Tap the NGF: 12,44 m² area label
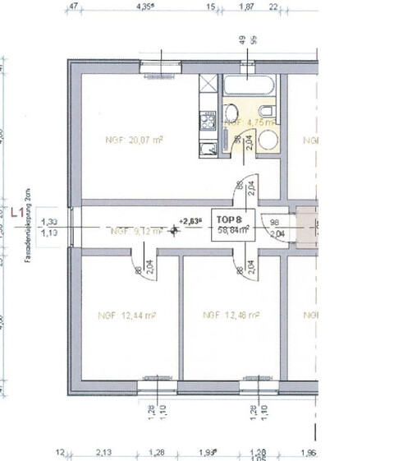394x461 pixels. coord(127,315)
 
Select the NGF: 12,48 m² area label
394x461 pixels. coord(231,315)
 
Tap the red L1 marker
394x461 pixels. coord(16,211)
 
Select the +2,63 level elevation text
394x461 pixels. coord(190,220)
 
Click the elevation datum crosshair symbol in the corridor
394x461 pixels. coord(174,231)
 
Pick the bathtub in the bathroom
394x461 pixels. coord(250,85)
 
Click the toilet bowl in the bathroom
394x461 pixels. coord(267,113)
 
